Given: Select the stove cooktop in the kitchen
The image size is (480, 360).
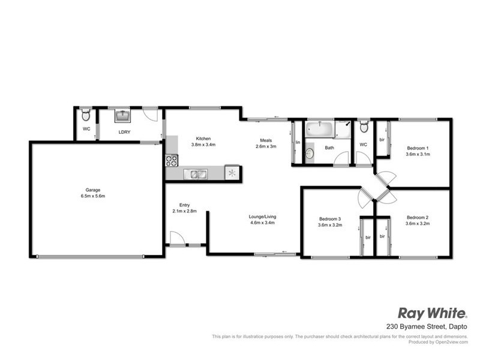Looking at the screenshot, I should click(172, 160).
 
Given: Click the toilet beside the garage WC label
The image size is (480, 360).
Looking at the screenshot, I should click(86, 114).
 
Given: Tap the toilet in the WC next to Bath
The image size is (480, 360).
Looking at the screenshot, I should click(363, 128).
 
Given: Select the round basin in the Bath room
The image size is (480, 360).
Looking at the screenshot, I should click(310, 154).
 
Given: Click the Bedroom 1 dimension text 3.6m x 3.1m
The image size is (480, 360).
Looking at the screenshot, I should click(418, 154).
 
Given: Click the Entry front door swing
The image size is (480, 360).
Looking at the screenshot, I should click(177, 239).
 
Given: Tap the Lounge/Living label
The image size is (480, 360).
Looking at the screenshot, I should click(263, 217).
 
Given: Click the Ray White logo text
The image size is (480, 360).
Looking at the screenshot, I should click(432, 313).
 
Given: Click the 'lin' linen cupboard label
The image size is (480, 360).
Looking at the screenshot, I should click(298, 142).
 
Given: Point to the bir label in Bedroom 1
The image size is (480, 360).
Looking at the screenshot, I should click(382, 140).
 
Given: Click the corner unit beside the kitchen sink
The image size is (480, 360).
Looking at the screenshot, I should click(232, 173).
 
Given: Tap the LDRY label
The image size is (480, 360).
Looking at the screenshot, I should click(125, 131).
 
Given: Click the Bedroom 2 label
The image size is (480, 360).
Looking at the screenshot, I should click(418, 217).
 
